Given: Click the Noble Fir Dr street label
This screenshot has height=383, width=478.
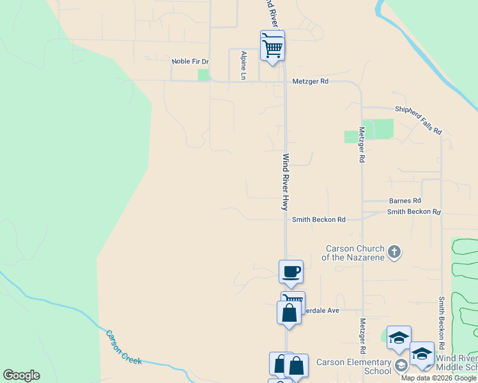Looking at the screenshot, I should point(190,62).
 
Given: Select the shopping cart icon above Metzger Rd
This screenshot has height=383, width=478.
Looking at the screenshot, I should point(273,47).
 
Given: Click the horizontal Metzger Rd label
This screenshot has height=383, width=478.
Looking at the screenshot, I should point(310,82).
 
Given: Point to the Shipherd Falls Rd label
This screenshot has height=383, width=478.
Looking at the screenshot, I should point(419,120).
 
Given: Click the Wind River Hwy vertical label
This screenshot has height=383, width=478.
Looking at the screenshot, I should point(286,182).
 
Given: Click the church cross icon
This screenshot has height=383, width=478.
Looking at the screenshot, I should point(394,252).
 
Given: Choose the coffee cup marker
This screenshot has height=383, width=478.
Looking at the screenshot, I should point(291,272).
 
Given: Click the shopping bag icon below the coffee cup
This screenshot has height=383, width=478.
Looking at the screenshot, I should point(289,313).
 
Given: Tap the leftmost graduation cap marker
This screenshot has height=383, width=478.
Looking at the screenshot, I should point(399,338).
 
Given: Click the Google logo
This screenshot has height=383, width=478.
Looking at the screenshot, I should point(21,375).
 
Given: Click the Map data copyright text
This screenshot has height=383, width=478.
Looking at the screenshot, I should point(438,378).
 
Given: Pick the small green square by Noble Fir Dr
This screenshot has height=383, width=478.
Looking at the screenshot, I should point(204,75).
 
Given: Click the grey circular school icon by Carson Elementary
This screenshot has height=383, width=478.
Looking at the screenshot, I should point(401,366).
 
